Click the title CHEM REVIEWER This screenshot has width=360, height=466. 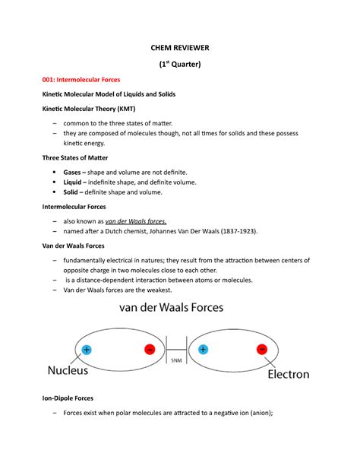(179, 48)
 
